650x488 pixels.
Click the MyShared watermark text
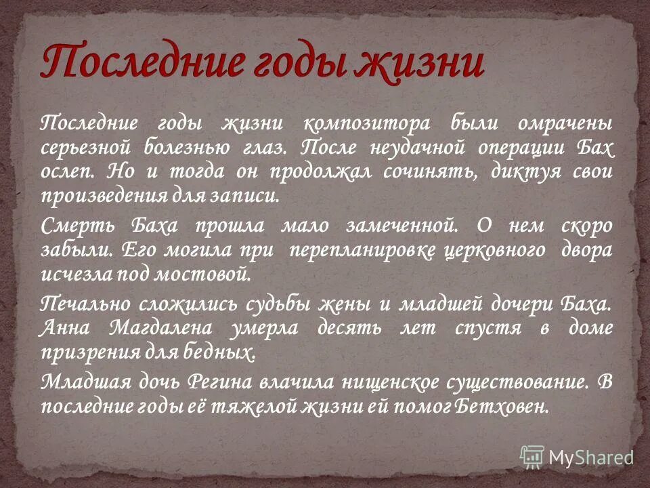(590, 457)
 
